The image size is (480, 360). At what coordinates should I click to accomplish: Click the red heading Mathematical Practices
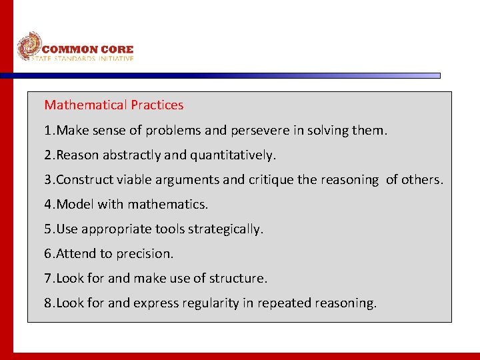tap(113, 105)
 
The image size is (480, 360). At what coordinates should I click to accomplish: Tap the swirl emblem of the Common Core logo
tap(29, 46)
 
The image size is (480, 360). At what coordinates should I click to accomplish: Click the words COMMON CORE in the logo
tap(87, 49)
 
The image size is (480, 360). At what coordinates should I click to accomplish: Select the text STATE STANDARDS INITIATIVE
tap(83, 59)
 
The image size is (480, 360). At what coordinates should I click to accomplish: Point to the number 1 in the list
tap(48, 131)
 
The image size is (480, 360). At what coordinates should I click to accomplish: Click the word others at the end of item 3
tap(421, 180)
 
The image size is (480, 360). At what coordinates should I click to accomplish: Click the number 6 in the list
tap(48, 254)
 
